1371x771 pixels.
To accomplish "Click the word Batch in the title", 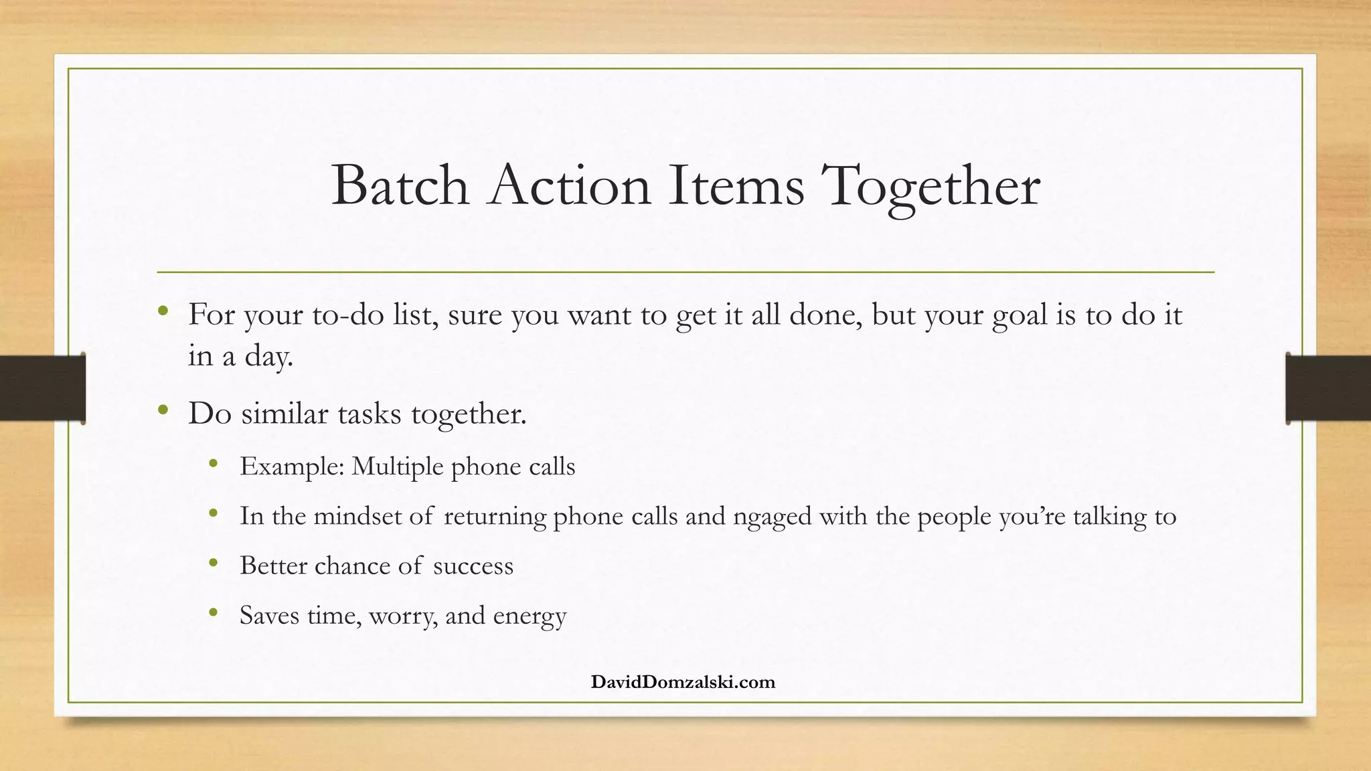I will click(x=400, y=185).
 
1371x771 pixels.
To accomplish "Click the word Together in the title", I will click(x=931, y=185).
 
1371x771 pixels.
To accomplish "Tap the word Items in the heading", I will click(x=736, y=185).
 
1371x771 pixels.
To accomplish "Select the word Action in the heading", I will click(x=570, y=185).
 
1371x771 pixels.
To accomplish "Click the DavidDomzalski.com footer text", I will click(x=683, y=682).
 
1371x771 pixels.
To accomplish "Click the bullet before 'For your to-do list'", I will click(x=163, y=311).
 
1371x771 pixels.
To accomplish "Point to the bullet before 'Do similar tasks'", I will click(x=163, y=410).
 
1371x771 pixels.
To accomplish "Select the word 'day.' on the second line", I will click(x=269, y=356).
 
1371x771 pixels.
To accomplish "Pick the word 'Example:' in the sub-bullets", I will click(x=292, y=466).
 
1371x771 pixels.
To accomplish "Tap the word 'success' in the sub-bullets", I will click(x=473, y=566).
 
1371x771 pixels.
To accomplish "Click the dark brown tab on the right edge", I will click(x=1328, y=388).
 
